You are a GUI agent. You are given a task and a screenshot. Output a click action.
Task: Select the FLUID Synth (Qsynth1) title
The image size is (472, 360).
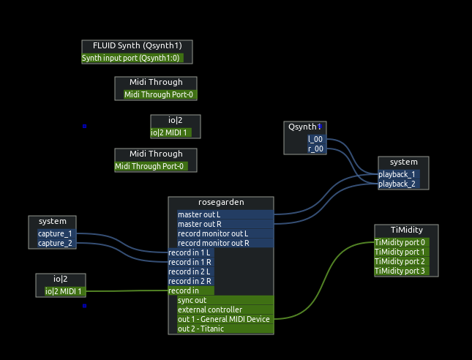click(137, 45)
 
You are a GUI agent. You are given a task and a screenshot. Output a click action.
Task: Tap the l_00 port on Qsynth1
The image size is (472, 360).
click(315, 139)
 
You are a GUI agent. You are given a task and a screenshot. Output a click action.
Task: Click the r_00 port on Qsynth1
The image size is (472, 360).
click(315, 149)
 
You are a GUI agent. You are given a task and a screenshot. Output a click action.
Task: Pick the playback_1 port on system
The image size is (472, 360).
click(397, 174)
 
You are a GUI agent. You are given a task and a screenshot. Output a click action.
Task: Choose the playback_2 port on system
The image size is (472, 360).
click(397, 184)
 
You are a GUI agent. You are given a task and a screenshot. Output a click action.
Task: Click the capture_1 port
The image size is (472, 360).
click(55, 233)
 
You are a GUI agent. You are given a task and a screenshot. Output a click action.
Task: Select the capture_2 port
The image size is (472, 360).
click(55, 243)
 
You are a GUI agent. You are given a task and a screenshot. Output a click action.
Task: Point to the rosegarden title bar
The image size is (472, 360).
click(221, 202)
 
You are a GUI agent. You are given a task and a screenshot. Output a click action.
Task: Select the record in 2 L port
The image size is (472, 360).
click(190, 271)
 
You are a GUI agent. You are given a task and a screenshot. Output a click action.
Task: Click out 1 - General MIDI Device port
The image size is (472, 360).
click(224, 319)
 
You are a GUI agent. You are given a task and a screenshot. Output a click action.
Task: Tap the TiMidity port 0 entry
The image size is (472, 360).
click(401, 242)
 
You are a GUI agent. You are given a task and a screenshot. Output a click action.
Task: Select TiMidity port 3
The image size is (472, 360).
click(401, 271)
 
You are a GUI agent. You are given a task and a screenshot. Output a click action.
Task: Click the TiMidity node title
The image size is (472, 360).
click(406, 230)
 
